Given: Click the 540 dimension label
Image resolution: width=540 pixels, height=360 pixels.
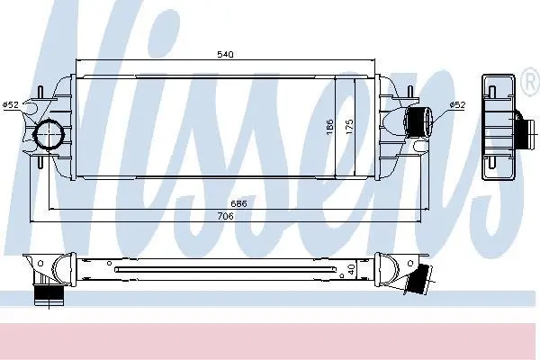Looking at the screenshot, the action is coord(225,54).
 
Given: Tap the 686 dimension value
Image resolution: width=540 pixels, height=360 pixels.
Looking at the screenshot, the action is coord(238,203).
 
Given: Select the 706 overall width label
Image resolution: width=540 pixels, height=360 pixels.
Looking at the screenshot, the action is coord(226,216).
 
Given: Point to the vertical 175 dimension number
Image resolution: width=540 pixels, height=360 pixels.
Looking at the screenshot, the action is coord(349,127).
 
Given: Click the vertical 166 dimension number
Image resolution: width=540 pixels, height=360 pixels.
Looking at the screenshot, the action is coord(329,127).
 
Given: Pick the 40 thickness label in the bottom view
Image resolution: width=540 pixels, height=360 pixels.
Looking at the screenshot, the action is coord(351,269).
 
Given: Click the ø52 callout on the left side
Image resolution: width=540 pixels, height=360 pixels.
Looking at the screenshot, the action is coord(11,104).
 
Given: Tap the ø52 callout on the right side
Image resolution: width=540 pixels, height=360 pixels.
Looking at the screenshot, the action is coord(457,105).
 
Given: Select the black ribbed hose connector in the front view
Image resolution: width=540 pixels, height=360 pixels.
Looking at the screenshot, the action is coord(418,122).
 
